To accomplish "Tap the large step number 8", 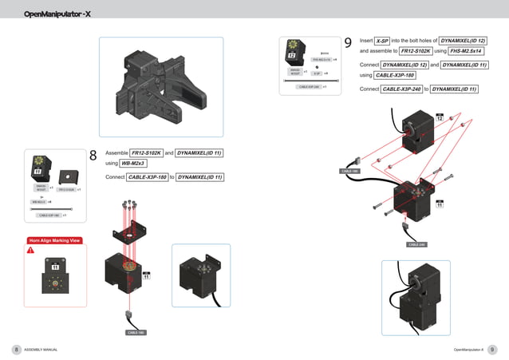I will coord(93,156).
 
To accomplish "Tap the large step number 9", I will coord(348,43).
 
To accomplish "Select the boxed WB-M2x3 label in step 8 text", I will coord(132,164).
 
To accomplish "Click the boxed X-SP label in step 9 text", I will coord(382,40).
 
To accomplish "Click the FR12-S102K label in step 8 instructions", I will coord(146,152).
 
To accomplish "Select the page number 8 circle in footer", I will coord(16,350).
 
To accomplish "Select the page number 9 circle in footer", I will coord(492,350).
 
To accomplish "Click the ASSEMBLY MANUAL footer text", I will coord(41,350).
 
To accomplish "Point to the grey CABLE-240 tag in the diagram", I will coord(416,244).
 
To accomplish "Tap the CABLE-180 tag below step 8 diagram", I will coord(136,331).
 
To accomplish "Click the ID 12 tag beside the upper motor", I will coord(439,118).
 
